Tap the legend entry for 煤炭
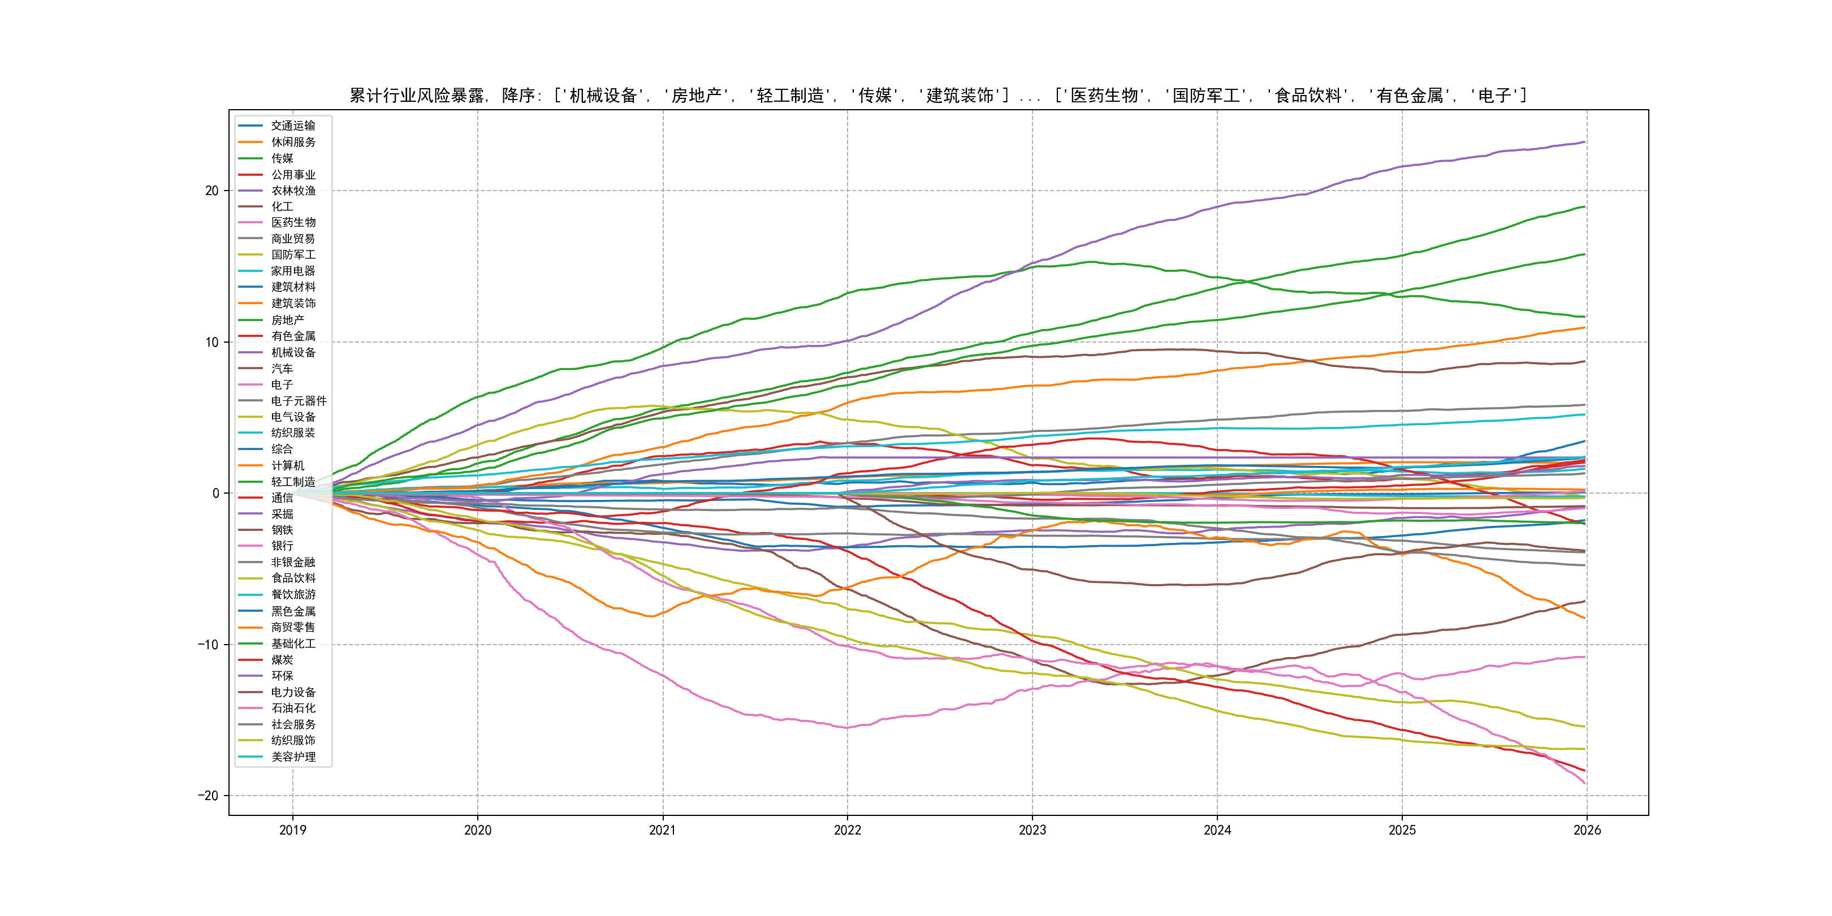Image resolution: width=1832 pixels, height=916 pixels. (x=282, y=660)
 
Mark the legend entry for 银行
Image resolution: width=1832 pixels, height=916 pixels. (x=282, y=546)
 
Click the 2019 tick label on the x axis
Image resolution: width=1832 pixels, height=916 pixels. (x=292, y=830)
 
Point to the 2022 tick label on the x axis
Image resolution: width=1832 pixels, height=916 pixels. (x=847, y=830)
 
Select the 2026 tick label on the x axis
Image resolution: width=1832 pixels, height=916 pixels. (x=1587, y=830)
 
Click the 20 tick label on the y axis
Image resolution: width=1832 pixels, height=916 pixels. (x=212, y=191)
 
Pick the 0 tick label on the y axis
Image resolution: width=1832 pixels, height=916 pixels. (x=215, y=494)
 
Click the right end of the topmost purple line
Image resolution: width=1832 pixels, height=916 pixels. (x=1584, y=142)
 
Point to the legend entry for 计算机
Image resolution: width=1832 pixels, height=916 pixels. (x=287, y=465)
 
